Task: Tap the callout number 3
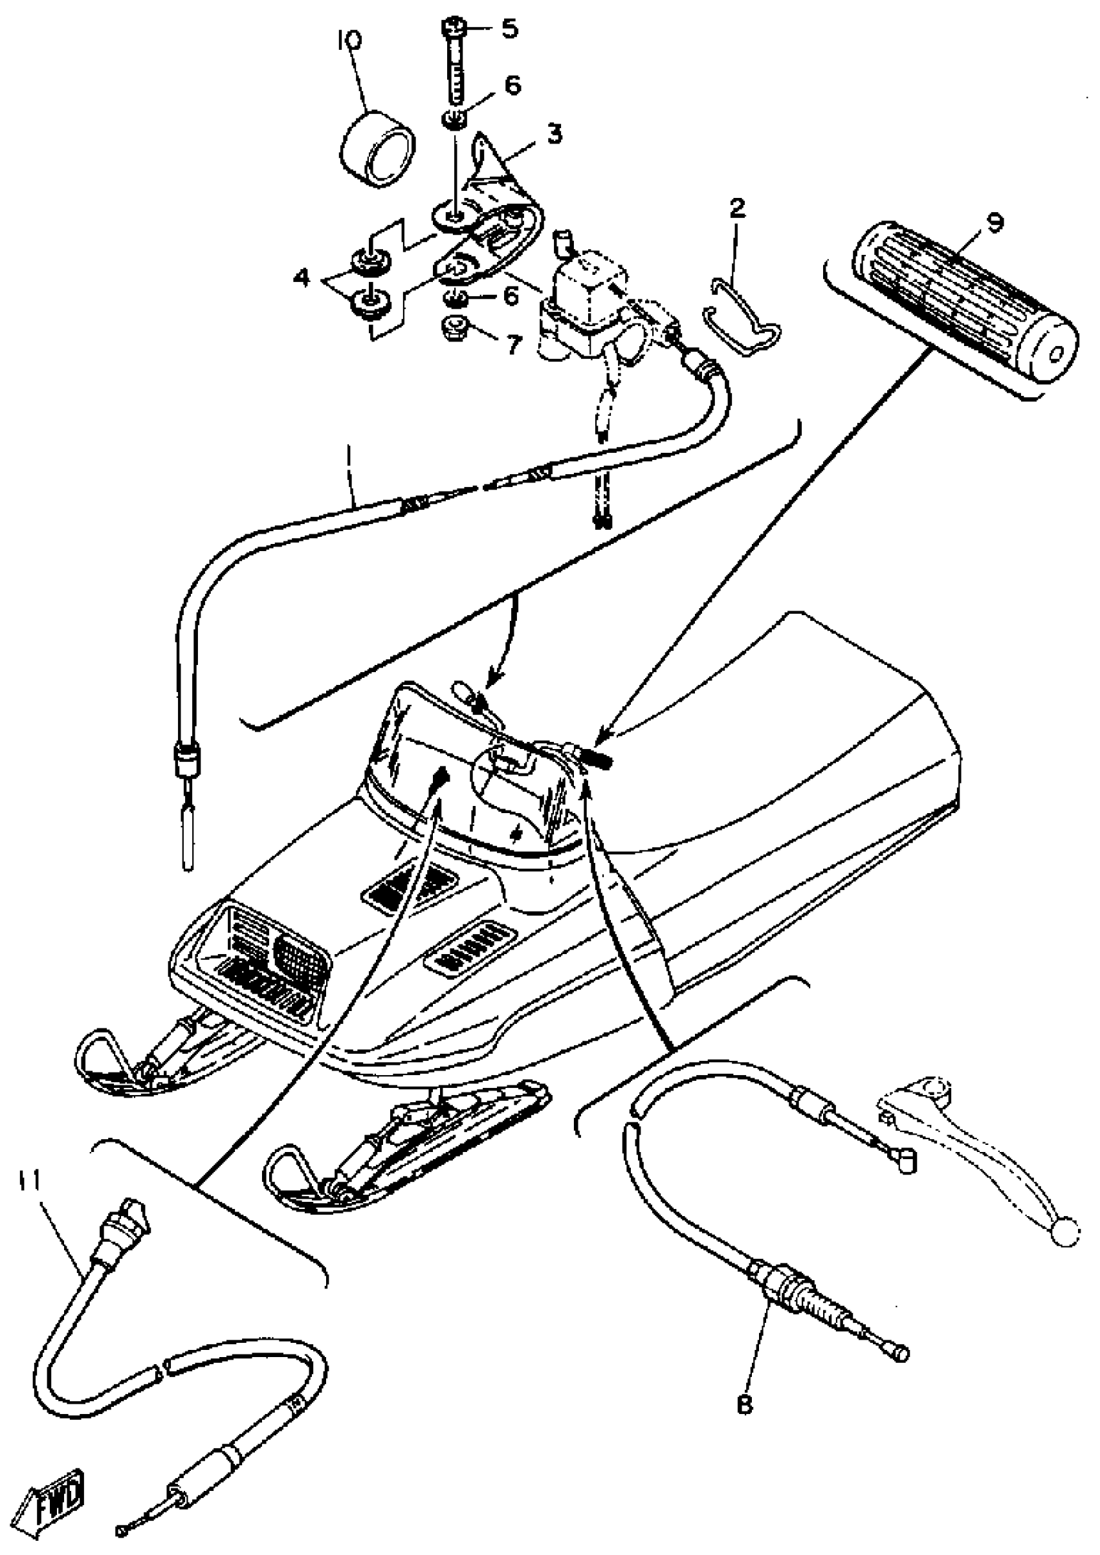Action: (554, 135)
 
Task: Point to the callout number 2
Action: (738, 208)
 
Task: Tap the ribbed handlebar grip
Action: (962, 305)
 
